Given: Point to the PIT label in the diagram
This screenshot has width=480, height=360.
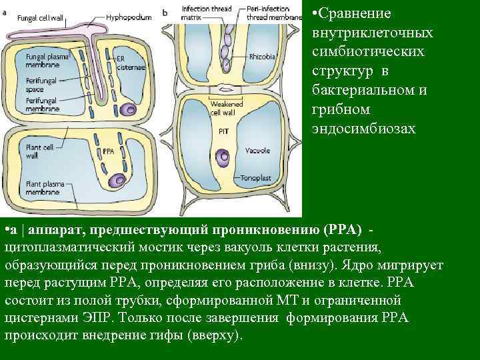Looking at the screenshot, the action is coord(223,131).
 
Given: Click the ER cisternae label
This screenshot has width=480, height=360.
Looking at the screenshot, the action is coord(125,63).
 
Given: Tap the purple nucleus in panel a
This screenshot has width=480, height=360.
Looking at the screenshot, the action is coord(119,179).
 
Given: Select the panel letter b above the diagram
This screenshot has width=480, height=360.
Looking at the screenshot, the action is coord(164,11).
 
